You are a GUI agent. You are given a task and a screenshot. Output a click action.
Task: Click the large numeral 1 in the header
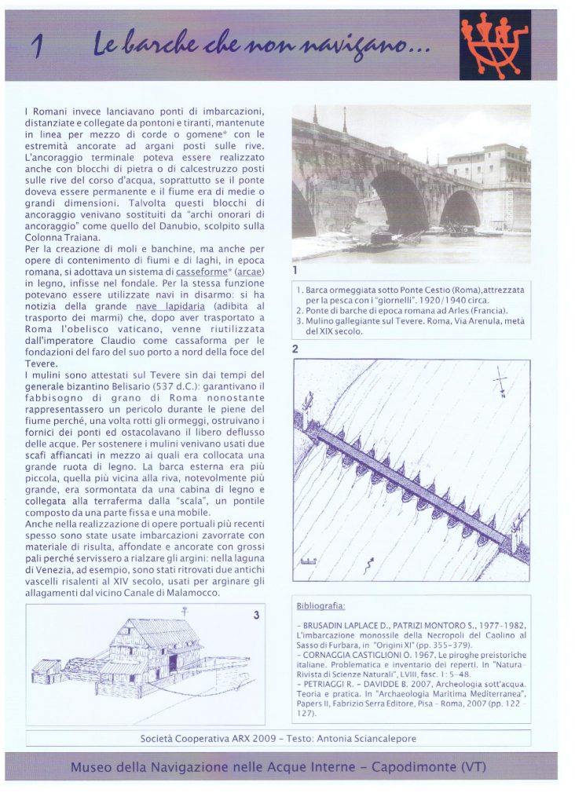[x=37, y=47]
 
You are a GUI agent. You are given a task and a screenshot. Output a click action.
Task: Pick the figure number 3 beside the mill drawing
[x=256, y=616]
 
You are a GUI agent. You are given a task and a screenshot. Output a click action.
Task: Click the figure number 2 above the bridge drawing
[x=295, y=349]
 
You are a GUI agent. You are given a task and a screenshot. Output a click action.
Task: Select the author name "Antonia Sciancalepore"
[x=367, y=739]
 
